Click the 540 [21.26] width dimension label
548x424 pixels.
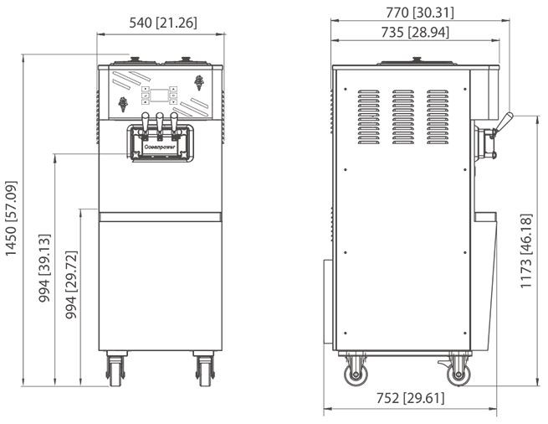pos(163,23)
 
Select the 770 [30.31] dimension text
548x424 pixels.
pos(420,13)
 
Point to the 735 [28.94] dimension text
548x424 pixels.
pos(415,32)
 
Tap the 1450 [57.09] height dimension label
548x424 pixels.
pos(11,219)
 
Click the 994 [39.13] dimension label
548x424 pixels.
pos(44,268)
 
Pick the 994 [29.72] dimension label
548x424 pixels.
pos(71,285)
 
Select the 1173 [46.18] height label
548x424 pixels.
pos(526,251)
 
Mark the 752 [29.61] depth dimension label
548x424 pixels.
pos(410,398)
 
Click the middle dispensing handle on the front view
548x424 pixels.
pos(160,122)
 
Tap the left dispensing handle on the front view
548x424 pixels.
pos(146,122)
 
